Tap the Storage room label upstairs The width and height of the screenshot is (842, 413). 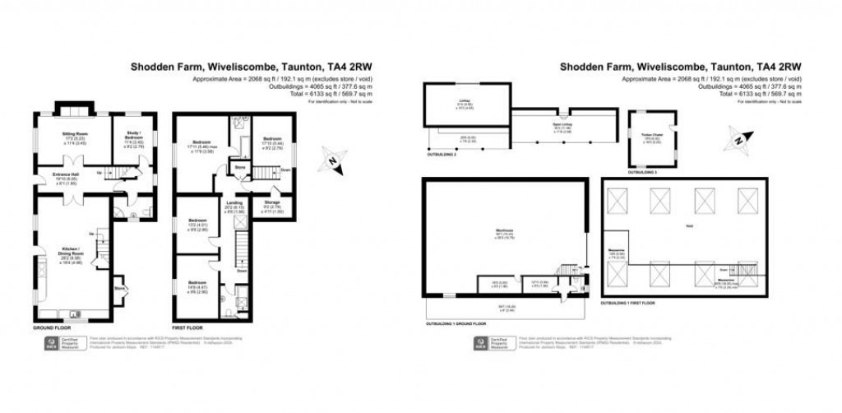tap(271, 202)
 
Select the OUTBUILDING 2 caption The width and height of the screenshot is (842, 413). tap(442, 153)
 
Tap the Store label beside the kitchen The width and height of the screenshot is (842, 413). tap(120, 288)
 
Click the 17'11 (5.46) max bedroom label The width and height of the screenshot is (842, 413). tap(201, 148)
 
